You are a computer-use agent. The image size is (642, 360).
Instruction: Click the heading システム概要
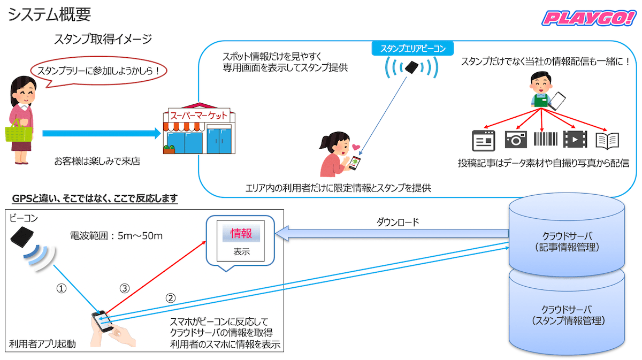click(49, 14)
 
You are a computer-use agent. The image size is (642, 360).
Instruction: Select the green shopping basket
click(18, 129)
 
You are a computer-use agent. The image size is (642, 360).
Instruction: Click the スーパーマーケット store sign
click(198, 115)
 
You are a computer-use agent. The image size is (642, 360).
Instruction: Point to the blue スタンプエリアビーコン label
click(412, 48)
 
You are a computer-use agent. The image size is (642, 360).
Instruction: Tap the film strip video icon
click(575, 140)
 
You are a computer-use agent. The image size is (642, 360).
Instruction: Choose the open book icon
click(607, 140)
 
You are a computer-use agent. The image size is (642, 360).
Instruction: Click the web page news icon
click(484, 140)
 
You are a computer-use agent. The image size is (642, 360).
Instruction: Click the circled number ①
click(62, 288)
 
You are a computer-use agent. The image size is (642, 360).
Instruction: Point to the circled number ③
click(124, 288)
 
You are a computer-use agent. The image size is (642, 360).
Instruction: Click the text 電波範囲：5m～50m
click(116, 235)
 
